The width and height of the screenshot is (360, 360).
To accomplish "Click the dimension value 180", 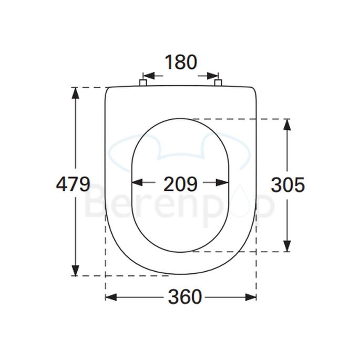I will coord(180,62).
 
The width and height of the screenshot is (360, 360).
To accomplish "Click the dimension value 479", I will coord(73,184).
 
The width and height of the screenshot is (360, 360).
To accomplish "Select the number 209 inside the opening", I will coord(180,184).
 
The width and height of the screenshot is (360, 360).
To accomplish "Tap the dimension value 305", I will coord(287,184).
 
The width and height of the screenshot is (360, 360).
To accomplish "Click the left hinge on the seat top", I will coord(143,83).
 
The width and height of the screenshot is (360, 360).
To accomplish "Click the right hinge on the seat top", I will coord(218,83).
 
